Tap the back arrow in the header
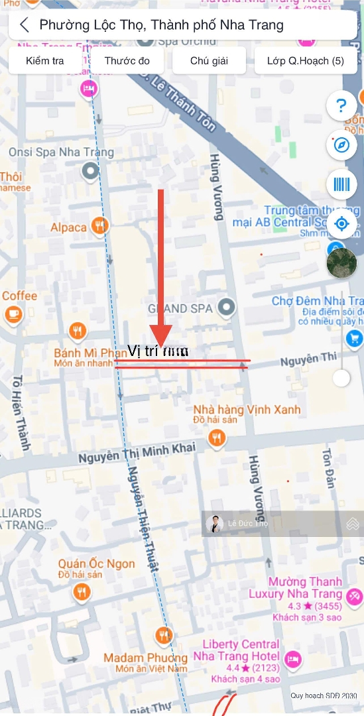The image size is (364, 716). click(25, 25)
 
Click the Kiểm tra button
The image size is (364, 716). click(45, 61)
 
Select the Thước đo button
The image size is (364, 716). click(127, 61)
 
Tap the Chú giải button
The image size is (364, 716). click(209, 61)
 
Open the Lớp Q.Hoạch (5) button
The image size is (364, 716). click(306, 61)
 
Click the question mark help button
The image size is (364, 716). click(341, 105)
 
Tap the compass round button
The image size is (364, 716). click(341, 145)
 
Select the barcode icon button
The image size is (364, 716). click(341, 184)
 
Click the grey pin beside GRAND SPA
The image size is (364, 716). click(227, 308)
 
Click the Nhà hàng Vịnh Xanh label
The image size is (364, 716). click(247, 410)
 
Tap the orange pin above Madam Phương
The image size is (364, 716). click(164, 636)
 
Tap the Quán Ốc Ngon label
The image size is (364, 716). click(96, 564)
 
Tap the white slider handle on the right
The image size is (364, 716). click(341, 378)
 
